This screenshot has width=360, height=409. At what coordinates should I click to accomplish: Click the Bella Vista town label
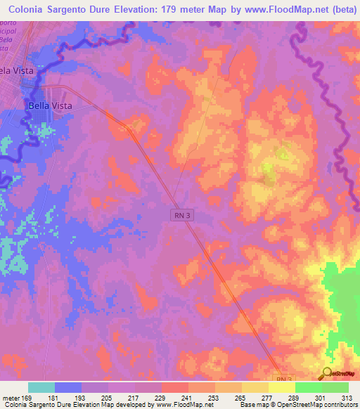point(50,105)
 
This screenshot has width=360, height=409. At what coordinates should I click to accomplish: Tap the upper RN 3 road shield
point(181,216)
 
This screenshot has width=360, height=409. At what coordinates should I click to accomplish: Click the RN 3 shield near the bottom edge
point(281,379)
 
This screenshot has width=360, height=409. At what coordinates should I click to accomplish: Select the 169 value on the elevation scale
point(29,398)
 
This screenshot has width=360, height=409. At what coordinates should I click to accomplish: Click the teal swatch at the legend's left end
point(41,387)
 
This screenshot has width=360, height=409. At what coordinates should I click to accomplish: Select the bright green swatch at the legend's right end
point(335,387)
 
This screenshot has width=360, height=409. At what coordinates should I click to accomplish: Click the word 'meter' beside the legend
point(11,398)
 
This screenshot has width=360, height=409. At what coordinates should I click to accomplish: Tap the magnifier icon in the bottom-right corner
point(327,375)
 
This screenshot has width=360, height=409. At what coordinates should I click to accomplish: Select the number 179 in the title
point(169,9)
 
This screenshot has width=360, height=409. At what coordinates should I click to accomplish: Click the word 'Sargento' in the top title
point(72,9)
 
